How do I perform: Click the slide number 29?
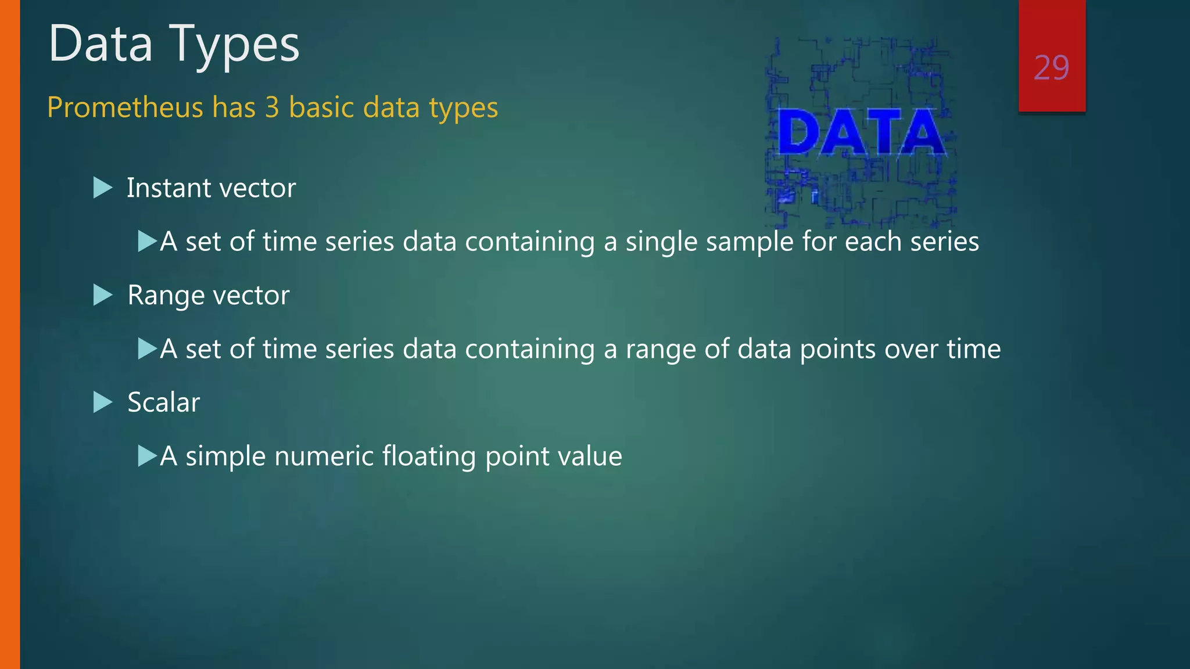pos(1051,68)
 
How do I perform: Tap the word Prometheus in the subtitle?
pos(125,107)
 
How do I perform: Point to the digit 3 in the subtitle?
pos(272,107)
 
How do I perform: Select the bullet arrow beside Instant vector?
pos(102,188)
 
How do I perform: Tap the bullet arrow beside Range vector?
pos(102,295)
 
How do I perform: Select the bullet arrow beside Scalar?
pos(102,402)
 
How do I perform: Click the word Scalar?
pos(164,402)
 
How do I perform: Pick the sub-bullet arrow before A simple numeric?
pos(148,456)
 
